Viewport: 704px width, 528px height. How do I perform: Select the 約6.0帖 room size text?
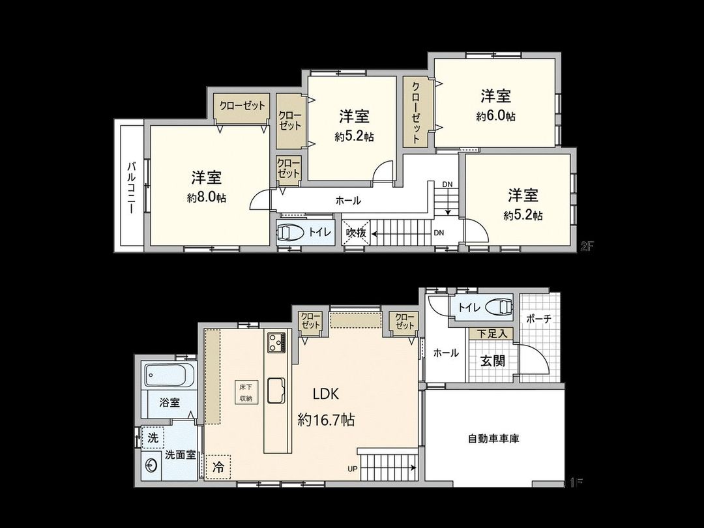pos(495,116)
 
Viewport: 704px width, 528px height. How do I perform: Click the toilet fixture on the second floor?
pos(289,233)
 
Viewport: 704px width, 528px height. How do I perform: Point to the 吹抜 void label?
pos(356,233)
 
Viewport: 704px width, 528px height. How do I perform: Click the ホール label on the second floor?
pos(348,201)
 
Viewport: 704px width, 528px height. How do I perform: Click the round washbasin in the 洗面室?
pos(152,465)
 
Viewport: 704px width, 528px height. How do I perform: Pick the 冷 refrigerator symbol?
pos(218,467)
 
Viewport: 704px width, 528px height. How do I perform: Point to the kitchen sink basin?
pos(275,390)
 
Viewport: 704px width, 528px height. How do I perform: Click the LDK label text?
pos(326,394)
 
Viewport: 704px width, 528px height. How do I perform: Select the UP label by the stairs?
pos(351,468)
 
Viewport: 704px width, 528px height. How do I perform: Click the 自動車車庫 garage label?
pos(493,439)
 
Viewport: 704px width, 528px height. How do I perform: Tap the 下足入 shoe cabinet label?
pos(491,334)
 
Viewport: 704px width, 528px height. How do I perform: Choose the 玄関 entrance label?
pos(493,360)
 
